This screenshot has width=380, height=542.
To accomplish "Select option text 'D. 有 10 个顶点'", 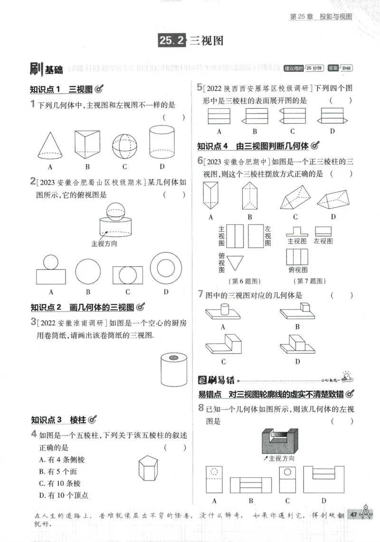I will tap(64, 495).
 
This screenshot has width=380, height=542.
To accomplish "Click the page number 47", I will tap(353, 514).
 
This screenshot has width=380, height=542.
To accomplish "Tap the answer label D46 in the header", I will tap(347, 68).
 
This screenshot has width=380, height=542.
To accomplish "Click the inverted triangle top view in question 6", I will tap(235, 262).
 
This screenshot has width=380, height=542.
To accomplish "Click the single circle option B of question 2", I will tap(88, 271).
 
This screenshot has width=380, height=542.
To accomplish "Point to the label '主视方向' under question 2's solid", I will tap(104, 243).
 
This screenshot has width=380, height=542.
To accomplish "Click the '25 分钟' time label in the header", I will tap(314, 68).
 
